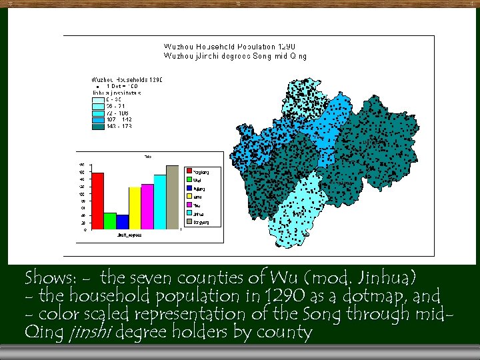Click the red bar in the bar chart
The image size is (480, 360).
pyautogui.click(x=98, y=200)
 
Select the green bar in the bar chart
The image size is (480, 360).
pyautogui.click(x=110, y=220)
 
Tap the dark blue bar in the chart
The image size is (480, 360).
pyautogui.click(x=123, y=221)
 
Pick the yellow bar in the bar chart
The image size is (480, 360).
pyautogui.click(x=135, y=207)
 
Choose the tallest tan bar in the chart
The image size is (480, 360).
pyautogui.click(x=173, y=197)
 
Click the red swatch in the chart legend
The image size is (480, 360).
pyautogui.click(x=189, y=171)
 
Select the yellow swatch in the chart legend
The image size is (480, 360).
pyautogui.click(x=189, y=197)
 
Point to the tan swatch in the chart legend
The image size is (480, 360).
pyautogui.click(x=189, y=222)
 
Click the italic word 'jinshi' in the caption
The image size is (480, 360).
pyautogui.click(x=89, y=332)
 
